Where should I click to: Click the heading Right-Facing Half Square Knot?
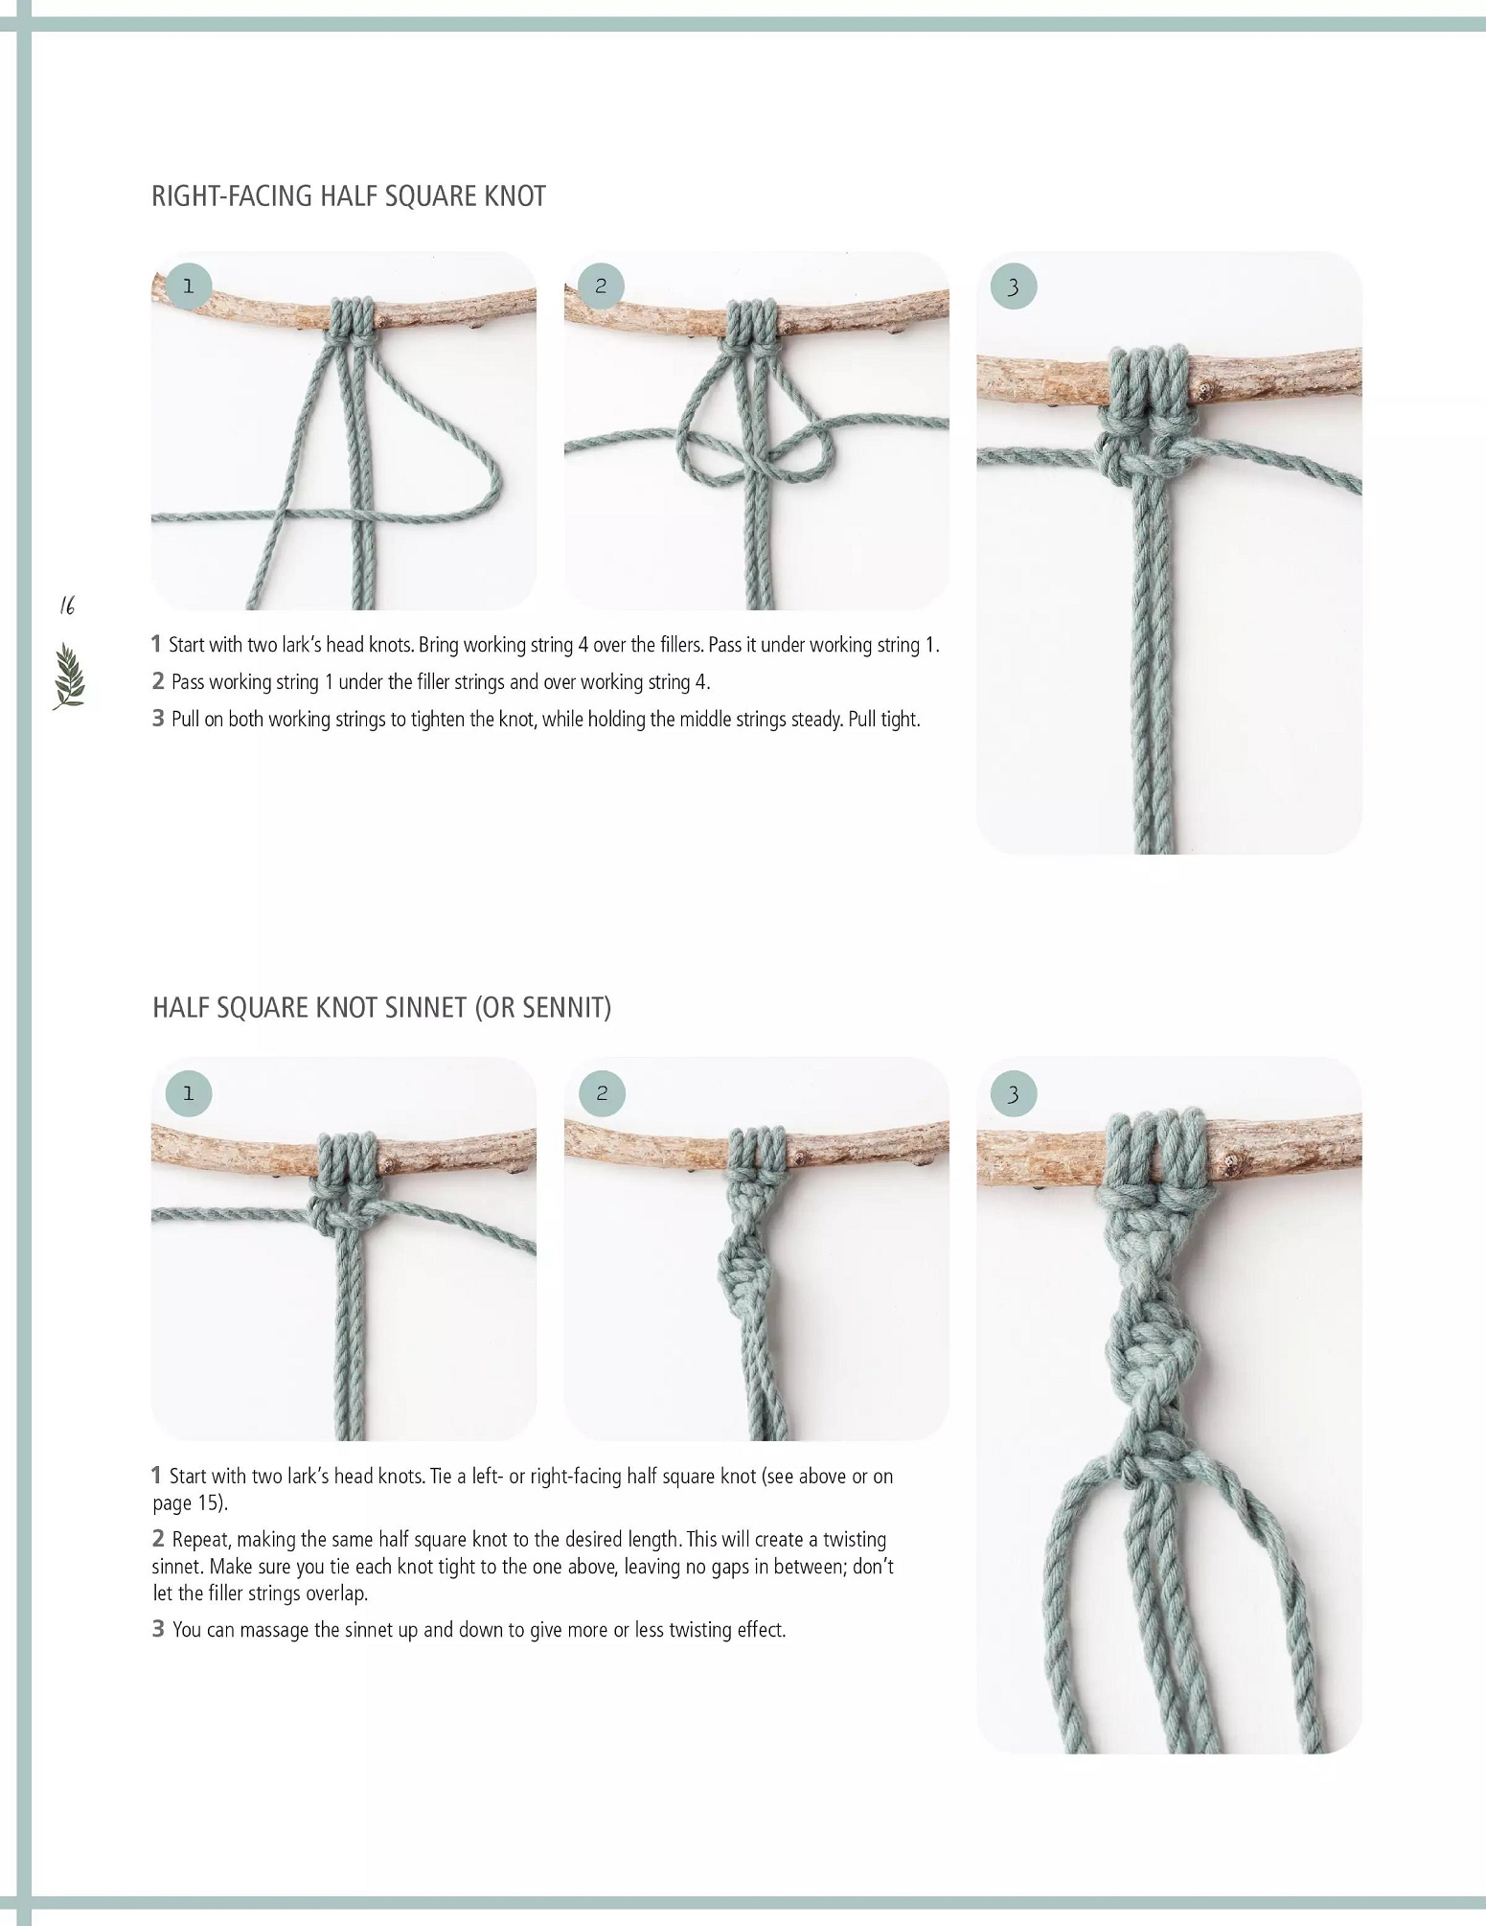349,196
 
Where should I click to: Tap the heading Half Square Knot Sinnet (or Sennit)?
381,1008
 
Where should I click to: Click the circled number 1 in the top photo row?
188,286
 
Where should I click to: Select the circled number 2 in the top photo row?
601,286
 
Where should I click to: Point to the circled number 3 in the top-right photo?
1014,286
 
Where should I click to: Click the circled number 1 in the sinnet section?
188,1093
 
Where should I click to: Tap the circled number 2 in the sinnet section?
601,1093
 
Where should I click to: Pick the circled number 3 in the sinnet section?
1014,1093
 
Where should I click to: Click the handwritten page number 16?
67,606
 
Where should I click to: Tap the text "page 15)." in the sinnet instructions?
191,1502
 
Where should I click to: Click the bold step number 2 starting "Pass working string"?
158,681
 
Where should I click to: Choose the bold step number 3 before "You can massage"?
158,1628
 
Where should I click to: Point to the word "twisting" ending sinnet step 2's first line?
853,1540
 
